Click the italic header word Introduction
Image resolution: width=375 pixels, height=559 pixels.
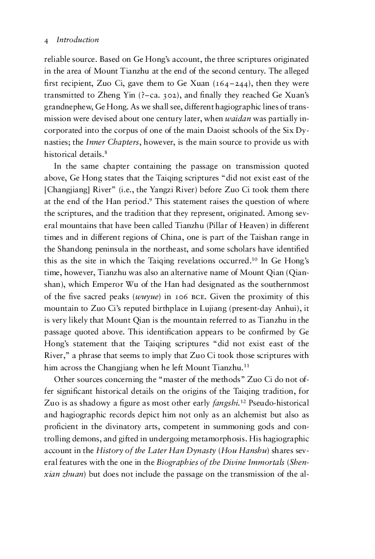(77, 40)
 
